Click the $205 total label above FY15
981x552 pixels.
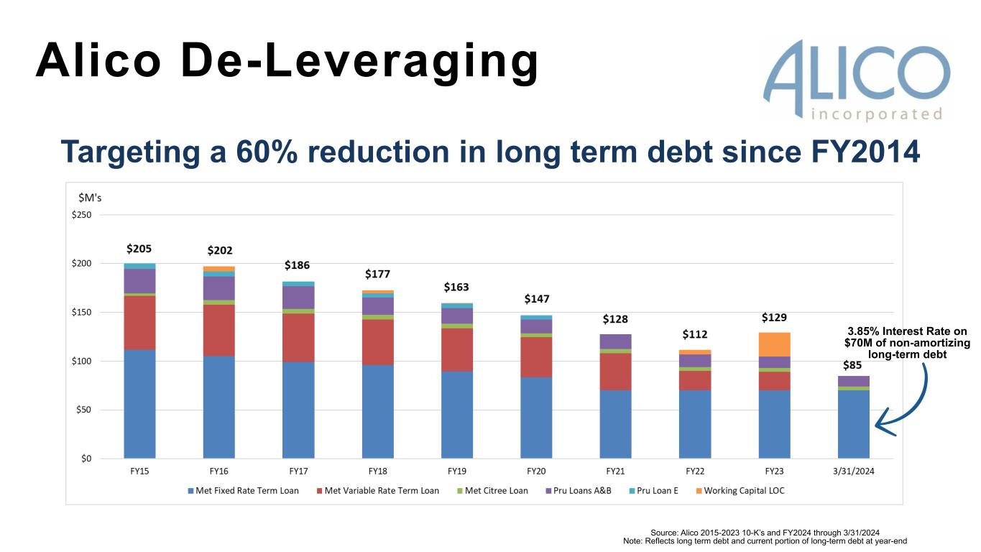tap(139, 249)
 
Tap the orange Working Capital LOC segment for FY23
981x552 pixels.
tap(774, 344)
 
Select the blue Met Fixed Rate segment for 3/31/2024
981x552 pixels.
tap(853, 424)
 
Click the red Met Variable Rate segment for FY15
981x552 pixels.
tap(139, 323)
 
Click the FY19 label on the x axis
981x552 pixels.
tap(456, 471)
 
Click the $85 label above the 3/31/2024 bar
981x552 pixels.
tap(853, 364)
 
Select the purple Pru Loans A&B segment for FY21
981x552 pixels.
tap(615, 341)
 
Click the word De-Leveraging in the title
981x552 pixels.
tap(359, 61)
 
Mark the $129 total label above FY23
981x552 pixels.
tap(774, 317)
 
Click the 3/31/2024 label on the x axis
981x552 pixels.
tap(853, 471)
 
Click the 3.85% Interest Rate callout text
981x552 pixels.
tap(907, 343)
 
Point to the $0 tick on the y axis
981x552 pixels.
tap(86, 459)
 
